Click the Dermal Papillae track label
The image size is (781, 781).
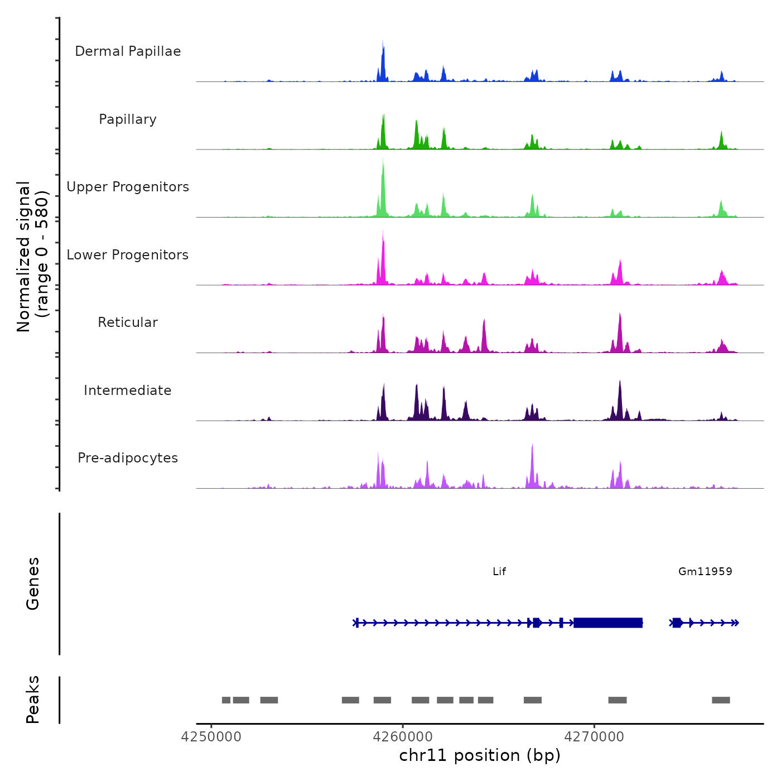128,51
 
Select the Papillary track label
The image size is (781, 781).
128,119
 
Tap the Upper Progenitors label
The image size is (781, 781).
128,187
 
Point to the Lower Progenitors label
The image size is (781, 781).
128,255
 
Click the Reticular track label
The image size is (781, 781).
128,322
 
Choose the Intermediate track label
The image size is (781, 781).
128,390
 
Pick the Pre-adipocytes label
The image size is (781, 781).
128,458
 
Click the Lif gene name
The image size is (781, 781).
499,571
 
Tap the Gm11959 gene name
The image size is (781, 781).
705,571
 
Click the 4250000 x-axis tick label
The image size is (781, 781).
211,737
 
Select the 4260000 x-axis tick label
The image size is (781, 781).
403,737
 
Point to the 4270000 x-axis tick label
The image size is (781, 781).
594,737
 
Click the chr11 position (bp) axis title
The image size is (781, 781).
480,755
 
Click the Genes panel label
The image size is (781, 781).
33,584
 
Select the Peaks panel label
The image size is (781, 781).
33,700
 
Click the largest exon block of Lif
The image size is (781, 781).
608,623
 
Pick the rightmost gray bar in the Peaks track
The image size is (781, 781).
721,700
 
